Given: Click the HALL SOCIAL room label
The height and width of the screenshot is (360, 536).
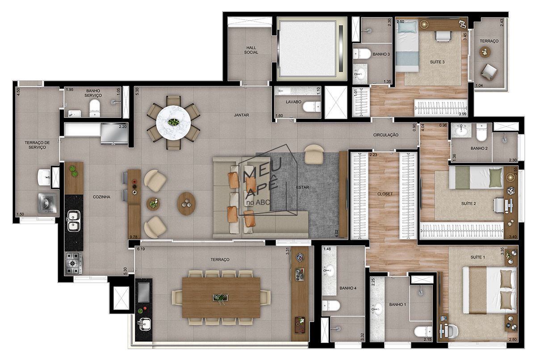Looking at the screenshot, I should coord(251,50).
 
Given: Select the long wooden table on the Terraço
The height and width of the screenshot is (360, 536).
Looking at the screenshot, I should coord(221,297).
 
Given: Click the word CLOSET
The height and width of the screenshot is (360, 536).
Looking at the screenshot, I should coord(385,194).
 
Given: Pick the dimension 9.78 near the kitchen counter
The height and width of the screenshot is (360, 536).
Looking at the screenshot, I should coord(132,237).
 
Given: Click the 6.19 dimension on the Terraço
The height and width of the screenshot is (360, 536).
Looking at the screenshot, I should coord(142,249).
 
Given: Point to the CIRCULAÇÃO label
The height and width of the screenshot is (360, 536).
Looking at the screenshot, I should coord(386,135).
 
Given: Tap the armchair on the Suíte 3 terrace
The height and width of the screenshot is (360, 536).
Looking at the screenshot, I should coord(489,71).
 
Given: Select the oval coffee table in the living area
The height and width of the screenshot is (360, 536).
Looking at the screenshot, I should coord(186,204).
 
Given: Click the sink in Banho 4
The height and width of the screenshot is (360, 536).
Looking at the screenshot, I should coord(330,270).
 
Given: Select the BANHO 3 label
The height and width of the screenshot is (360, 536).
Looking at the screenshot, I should coord(381,54).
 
